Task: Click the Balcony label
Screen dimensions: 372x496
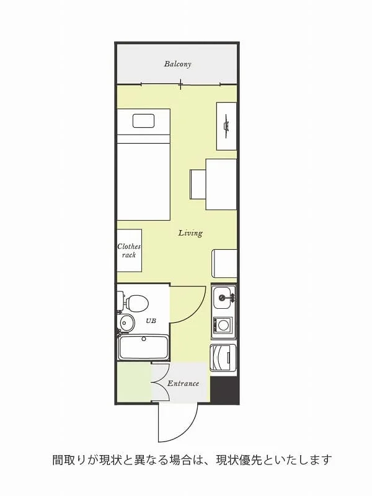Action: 177,64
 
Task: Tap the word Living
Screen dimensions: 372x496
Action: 190,233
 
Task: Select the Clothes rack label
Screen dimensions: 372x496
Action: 129,250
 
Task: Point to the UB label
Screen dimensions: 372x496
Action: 151,321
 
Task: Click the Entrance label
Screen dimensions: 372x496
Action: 183,384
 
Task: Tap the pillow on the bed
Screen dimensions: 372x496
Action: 144,121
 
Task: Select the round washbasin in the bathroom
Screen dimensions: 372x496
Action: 127,323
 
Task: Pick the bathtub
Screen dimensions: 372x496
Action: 143,347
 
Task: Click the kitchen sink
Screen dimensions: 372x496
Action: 224,298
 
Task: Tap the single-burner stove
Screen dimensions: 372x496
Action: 224,325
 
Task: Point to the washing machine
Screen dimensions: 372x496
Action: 223,358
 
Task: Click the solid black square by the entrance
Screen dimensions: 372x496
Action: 224,390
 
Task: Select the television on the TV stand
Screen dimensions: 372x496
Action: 226,126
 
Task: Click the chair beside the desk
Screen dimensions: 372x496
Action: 198,185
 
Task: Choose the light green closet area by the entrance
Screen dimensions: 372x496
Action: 134,381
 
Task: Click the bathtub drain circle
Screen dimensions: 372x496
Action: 144,339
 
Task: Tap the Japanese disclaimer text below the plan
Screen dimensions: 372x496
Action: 192,460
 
